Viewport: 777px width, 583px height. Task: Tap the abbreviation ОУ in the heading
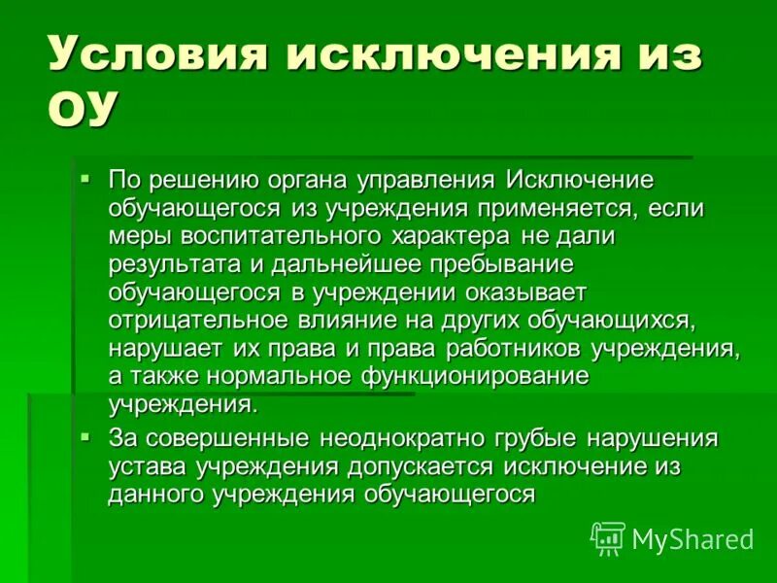pyautogui.click(x=82, y=107)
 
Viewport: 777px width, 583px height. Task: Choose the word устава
pyautogui.click(x=147, y=466)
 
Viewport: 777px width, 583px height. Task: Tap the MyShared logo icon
pyautogui.click(x=607, y=537)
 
